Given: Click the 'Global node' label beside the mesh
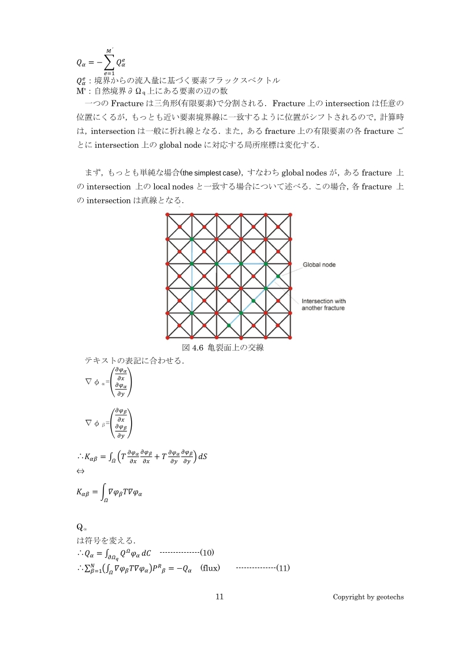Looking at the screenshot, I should [319, 265].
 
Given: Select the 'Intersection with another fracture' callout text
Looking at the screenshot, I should [323, 305].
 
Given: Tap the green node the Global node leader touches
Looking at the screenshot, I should [278, 277].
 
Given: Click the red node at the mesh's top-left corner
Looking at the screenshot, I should [167, 214].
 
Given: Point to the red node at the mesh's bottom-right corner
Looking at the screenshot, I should [291, 338].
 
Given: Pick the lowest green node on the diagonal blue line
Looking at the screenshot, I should [229, 326].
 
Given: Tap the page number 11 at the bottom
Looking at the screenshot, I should [219, 597].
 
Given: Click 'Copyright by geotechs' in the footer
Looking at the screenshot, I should [368, 597].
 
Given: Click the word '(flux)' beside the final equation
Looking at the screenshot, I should [210, 568].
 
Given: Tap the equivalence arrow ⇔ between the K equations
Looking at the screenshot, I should [80, 471].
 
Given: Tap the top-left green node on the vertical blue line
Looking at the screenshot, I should [192, 239].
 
